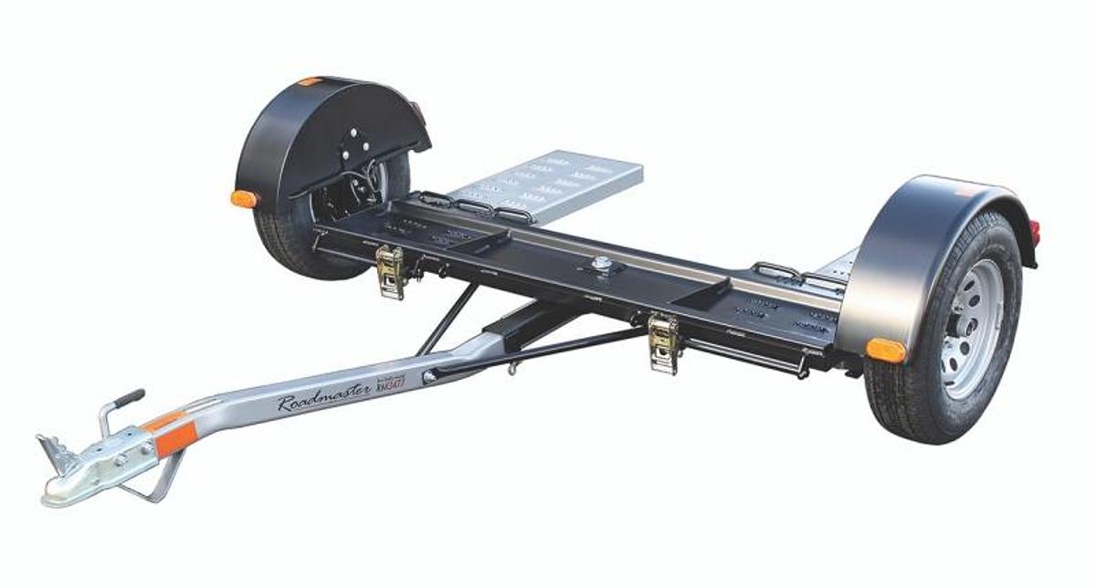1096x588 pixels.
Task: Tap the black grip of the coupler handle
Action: coord(129,399)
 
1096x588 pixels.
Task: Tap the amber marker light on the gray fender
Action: coord(885,350)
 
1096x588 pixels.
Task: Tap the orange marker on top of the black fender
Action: coord(311,81)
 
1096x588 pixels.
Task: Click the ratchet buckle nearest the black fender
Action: coord(391,271)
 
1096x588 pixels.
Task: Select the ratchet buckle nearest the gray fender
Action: coord(664,342)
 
